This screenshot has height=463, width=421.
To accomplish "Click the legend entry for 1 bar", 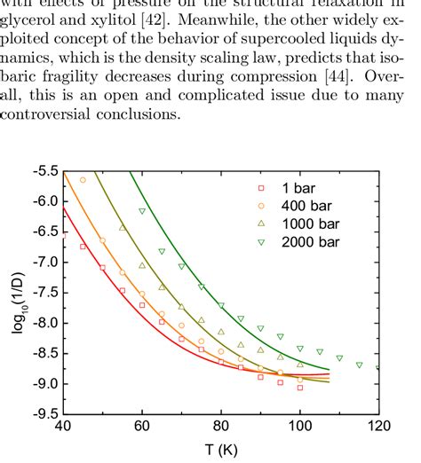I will (292, 188).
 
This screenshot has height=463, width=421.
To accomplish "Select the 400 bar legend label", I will (299, 205).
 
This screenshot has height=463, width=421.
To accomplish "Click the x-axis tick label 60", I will (142, 428).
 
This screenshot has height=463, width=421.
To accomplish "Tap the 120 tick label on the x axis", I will (378, 428).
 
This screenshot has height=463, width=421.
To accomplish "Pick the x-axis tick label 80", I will (221, 428).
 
